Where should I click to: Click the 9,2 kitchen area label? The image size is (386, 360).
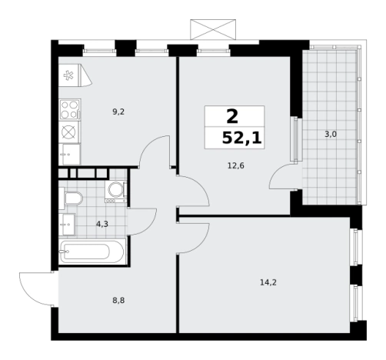118,112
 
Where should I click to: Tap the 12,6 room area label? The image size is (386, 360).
236,166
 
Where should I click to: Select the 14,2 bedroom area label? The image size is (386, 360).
268,282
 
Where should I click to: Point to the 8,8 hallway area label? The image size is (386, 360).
118,300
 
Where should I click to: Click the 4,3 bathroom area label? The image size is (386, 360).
102,225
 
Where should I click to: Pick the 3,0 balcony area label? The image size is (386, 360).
331,134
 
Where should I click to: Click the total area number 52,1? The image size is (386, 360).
241,138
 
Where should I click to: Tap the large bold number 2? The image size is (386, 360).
232,117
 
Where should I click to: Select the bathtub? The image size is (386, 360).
92,251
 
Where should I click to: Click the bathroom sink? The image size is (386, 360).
67,225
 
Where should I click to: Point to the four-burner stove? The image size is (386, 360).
70,109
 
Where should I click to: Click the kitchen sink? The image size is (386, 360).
70,155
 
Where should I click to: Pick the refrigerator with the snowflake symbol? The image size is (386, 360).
75,75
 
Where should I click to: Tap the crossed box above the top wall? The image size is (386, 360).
213,29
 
